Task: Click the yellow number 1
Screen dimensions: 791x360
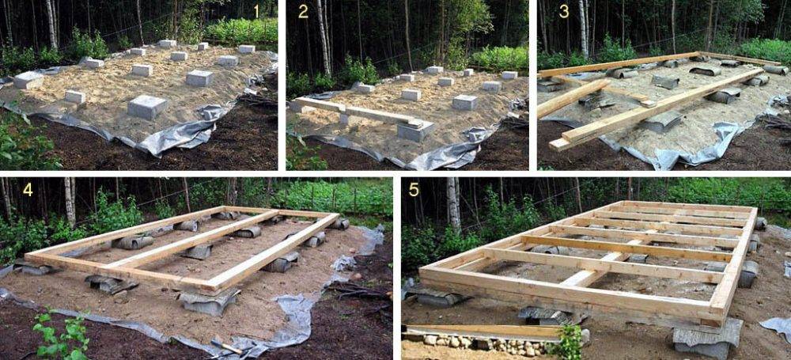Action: [257, 11]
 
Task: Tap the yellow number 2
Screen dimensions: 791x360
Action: [303, 11]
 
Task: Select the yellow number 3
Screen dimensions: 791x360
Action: [563, 12]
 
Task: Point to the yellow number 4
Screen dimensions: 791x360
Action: [27, 190]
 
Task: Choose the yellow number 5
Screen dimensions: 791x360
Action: [414, 190]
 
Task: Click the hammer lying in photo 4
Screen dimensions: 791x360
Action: [227, 347]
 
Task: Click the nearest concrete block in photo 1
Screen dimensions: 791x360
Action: [147, 107]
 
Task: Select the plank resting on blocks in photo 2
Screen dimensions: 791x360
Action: [352, 111]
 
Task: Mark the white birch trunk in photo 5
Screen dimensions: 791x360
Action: [453, 204]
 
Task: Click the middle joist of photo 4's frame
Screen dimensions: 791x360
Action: [195, 238]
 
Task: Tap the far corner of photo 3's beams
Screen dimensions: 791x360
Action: [698, 54]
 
